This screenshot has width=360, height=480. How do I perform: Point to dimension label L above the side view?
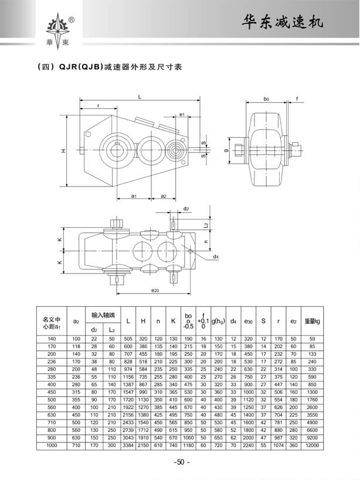click(140, 96)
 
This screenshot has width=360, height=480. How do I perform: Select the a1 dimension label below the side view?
click(134, 195)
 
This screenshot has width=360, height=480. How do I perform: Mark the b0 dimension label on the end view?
click(266, 100)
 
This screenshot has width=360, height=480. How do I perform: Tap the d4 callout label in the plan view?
click(216, 257)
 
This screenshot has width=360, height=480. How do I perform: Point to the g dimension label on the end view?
click(225, 150)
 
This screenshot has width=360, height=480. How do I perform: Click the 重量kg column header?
click(312, 321)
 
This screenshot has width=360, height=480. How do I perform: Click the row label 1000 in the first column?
click(52, 446)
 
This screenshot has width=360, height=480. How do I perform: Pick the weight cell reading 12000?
click(312, 446)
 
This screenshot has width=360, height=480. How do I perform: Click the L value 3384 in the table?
click(128, 446)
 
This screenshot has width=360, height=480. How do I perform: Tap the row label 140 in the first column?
click(52, 339)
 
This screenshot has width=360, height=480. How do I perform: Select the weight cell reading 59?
click(312, 339)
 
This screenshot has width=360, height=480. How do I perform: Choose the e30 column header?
click(249, 322)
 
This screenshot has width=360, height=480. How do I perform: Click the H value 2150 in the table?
click(142, 446)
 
